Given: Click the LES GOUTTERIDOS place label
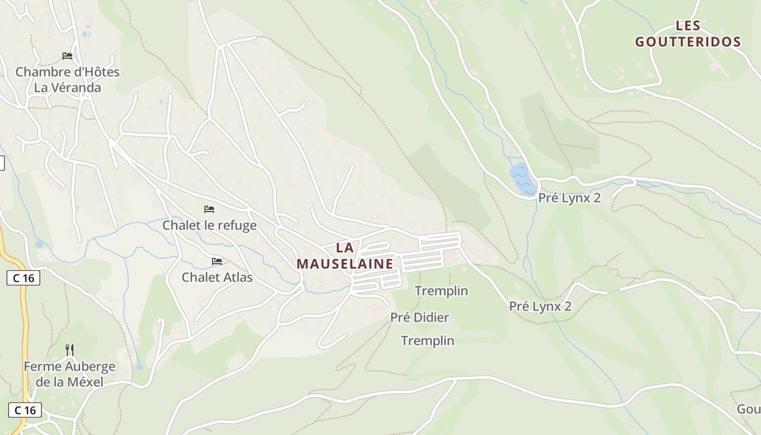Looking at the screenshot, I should pyautogui.click(x=688, y=34).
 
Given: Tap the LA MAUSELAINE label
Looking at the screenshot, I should pyautogui.click(x=345, y=256).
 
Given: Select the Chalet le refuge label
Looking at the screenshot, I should pyautogui.click(x=209, y=225).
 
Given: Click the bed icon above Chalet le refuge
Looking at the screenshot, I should pyautogui.click(x=209, y=209).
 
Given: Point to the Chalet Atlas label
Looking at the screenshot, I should pyautogui.click(x=217, y=277).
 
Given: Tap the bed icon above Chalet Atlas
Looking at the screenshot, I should pyautogui.click(x=217, y=262).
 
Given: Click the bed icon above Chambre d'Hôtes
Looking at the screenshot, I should pyautogui.click(x=67, y=56).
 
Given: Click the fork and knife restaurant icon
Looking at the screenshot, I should pyautogui.click(x=69, y=350).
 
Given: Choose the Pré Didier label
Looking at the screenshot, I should pyautogui.click(x=420, y=317).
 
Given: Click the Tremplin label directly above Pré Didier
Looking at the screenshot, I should pyautogui.click(x=441, y=291).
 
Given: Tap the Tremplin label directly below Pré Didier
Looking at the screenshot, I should pyautogui.click(x=427, y=341).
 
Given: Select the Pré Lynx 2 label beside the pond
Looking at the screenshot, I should pyautogui.click(x=569, y=198).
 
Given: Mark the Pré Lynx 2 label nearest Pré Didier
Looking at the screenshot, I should pyautogui.click(x=540, y=306).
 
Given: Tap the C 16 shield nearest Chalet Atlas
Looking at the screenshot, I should pyautogui.click(x=23, y=278).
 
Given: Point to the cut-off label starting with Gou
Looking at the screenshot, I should pyautogui.click(x=748, y=409).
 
